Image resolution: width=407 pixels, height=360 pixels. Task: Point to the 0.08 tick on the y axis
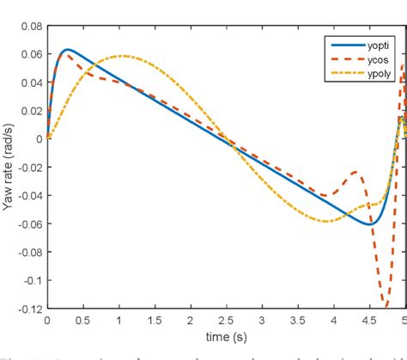[x=32, y=27]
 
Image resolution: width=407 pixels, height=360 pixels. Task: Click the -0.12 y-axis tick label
[x=29, y=308]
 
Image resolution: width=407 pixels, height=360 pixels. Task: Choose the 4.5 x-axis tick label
[x=366, y=320]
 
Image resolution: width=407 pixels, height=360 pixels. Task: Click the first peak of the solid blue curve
[x=67, y=50]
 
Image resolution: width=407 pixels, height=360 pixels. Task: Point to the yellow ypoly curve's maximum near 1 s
[x=121, y=56]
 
